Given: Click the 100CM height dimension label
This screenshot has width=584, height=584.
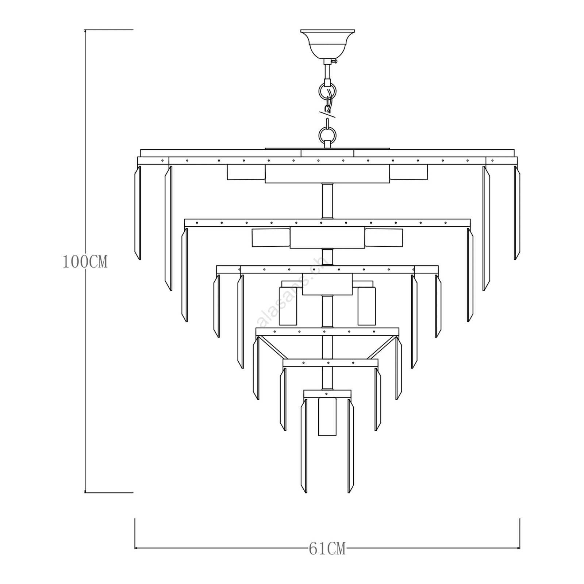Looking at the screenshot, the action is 85,262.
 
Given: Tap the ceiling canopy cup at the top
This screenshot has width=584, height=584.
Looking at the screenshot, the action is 327,44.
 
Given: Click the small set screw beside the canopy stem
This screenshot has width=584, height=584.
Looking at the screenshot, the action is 335,61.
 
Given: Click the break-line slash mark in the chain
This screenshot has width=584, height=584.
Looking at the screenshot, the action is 327,112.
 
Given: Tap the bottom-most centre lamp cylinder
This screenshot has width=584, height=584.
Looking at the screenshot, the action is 327,416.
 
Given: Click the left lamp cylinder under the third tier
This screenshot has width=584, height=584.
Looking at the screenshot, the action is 288,306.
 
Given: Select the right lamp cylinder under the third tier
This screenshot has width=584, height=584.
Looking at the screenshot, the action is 366,306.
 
